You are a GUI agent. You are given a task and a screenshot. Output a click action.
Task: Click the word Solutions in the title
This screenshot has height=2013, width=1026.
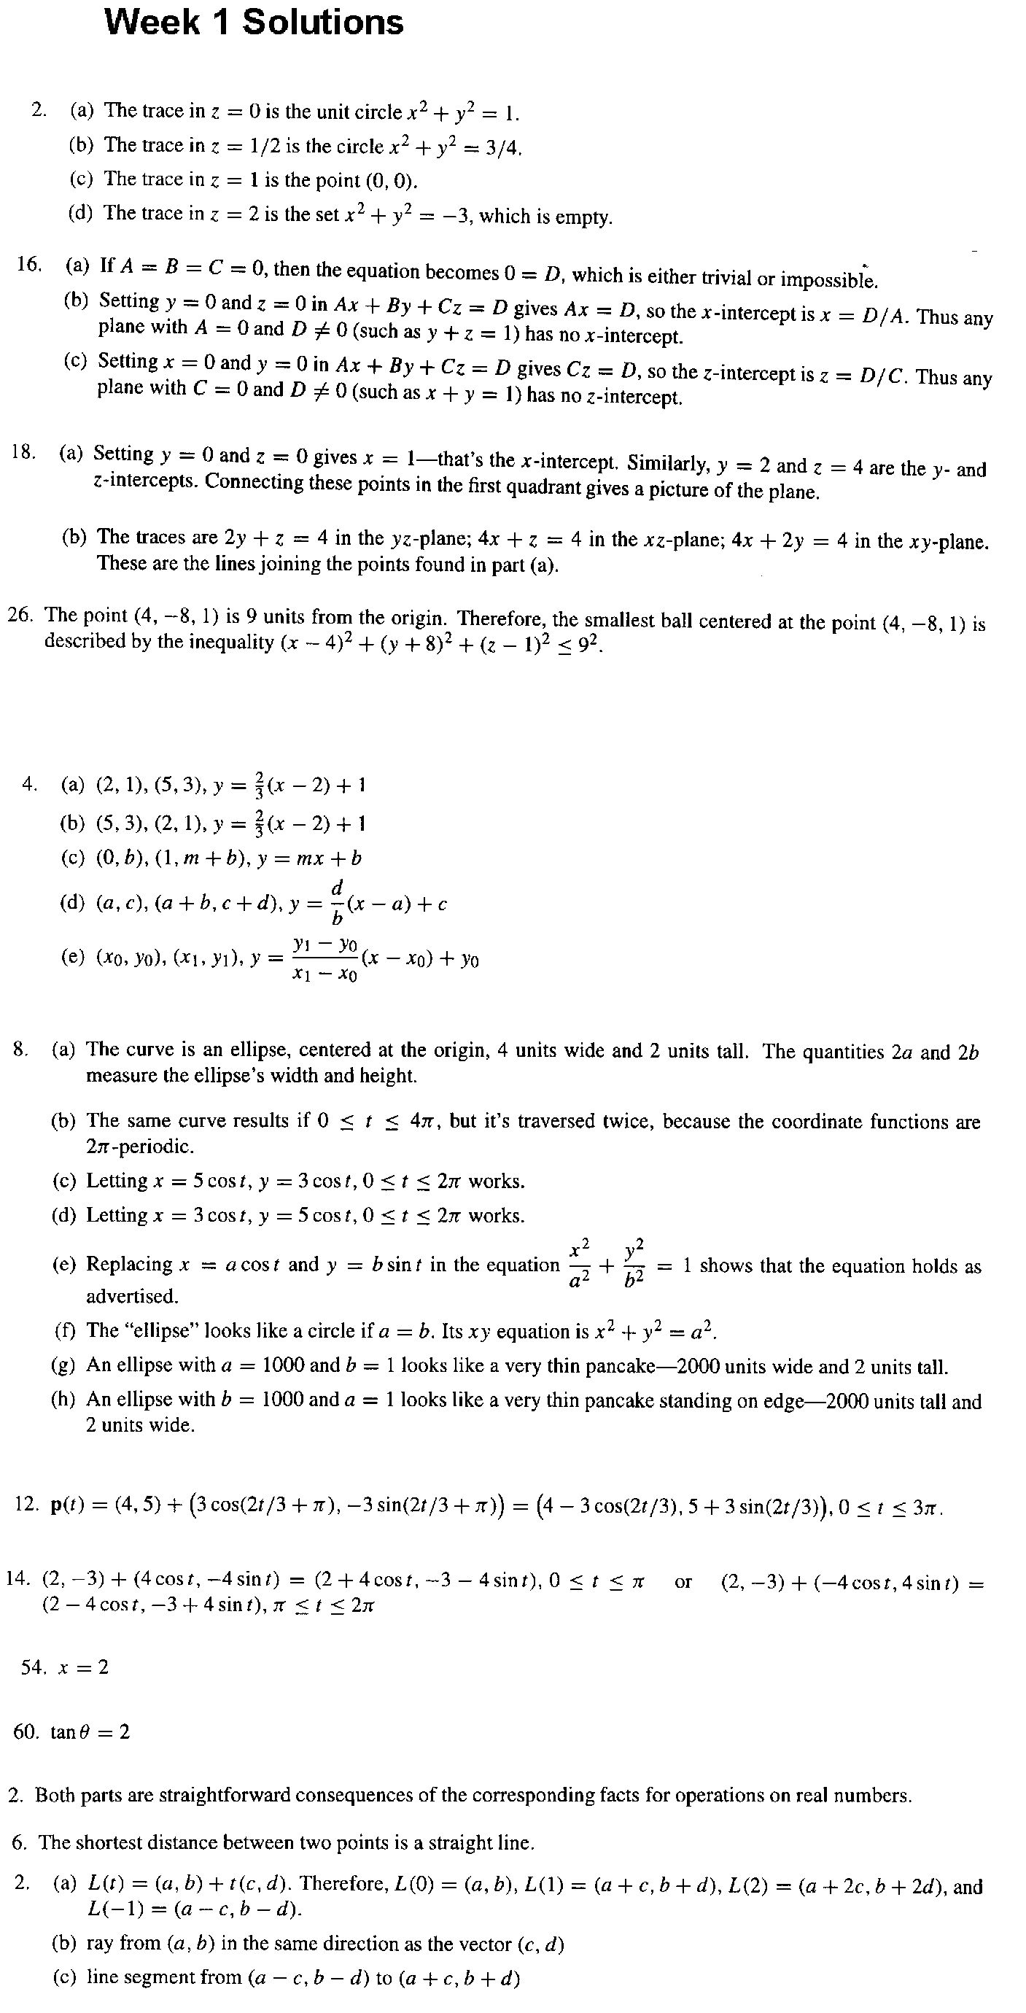click(x=323, y=22)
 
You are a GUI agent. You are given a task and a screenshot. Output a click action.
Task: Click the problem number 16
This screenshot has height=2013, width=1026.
click(x=29, y=264)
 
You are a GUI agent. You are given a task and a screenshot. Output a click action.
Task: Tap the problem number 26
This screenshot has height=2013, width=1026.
click(x=21, y=614)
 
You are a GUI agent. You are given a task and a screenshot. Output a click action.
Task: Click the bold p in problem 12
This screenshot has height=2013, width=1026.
click(x=56, y=1506)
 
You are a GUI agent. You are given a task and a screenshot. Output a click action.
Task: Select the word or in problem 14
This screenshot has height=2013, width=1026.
click(x=683, y=1582)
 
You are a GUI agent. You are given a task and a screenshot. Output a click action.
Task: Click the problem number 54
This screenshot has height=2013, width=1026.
click(x=33, y=1667)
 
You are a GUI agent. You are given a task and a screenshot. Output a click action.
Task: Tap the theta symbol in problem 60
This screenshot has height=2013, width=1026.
click(x=90, y=1731)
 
